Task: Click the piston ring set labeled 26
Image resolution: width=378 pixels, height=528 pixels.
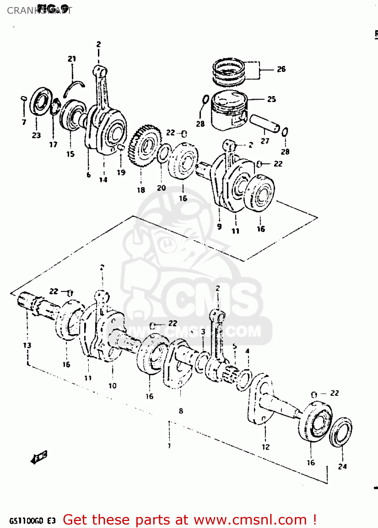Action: pos(229,72)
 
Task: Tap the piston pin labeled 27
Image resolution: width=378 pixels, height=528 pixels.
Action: pos(265,123)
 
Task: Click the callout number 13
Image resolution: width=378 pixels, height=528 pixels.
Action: pos(27,345)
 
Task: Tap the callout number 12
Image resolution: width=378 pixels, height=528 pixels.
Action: pos(266,447)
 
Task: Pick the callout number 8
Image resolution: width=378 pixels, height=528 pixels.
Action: pos(181,410)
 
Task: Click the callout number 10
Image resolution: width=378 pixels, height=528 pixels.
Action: pos(112,385)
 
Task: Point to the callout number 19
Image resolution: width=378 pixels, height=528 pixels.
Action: pos(121,172)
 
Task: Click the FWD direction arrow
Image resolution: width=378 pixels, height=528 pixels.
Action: pos(39,457)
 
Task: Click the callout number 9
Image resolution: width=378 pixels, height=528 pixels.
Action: pos(219,227)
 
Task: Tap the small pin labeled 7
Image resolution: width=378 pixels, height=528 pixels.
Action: pos(24,98)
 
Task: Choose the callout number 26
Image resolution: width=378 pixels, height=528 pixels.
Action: pos(281,69)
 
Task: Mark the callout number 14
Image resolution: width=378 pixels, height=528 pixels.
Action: pos(103,180)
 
